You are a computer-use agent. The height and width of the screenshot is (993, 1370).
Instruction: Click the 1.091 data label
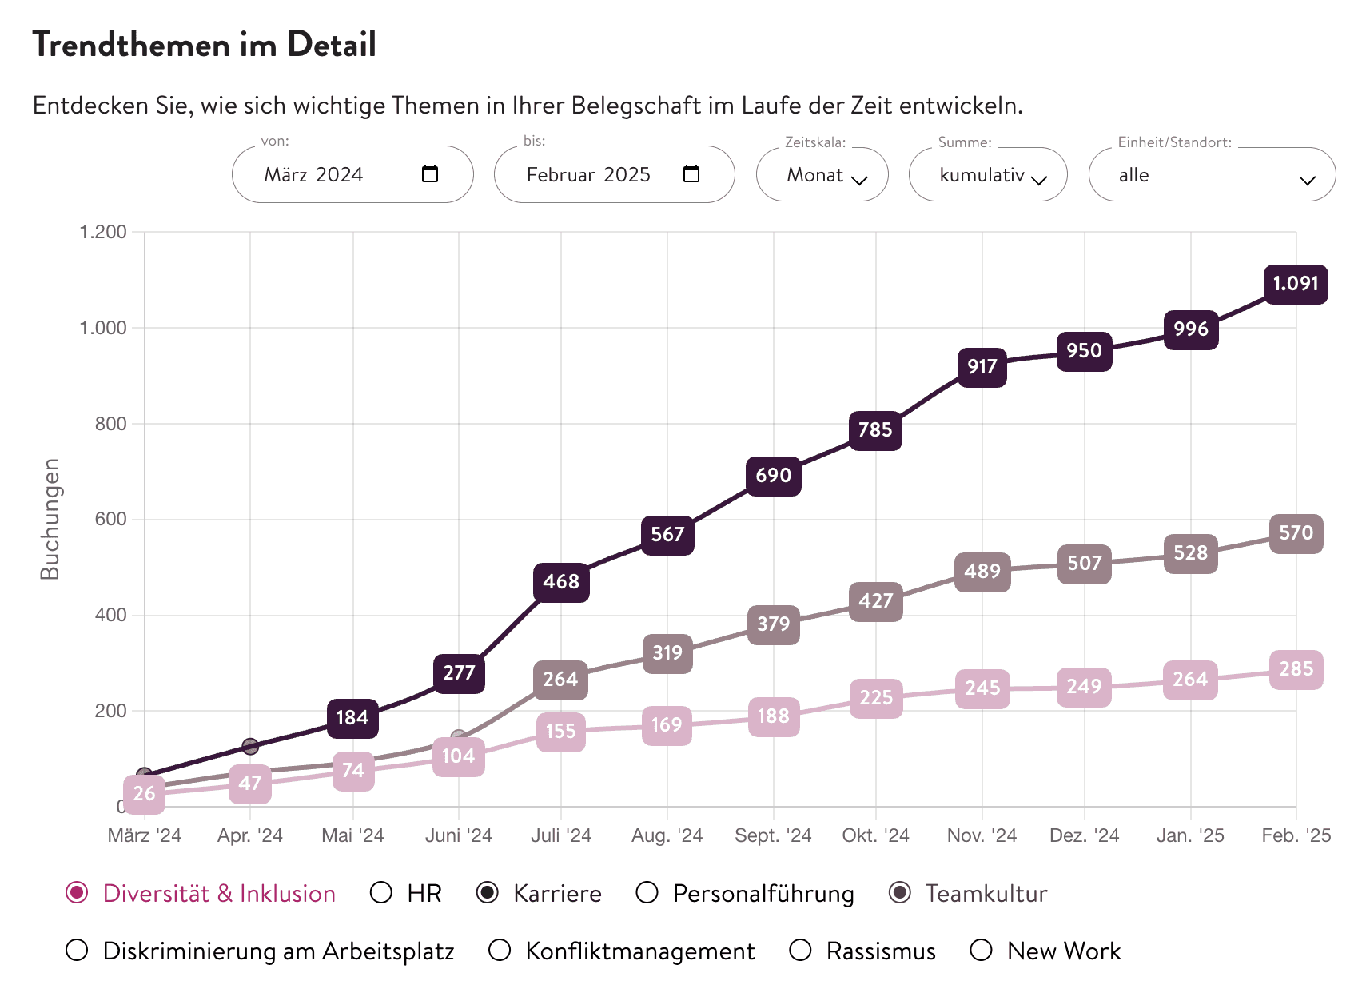1295,284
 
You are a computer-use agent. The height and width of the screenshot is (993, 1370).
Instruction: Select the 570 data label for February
1296,533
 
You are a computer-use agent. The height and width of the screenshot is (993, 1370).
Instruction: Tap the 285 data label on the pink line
1296,669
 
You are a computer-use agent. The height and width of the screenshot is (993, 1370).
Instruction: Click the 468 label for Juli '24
561,582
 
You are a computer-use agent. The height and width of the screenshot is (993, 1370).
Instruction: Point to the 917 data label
982,367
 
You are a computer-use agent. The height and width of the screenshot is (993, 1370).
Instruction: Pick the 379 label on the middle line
773,624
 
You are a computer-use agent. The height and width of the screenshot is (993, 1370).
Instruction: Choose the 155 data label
560,732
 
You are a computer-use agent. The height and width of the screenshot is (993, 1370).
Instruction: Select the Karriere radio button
488,892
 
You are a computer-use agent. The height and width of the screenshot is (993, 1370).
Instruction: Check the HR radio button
381,892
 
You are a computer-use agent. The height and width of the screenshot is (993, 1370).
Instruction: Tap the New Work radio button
981,950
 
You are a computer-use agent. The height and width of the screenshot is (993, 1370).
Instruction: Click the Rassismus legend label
881,951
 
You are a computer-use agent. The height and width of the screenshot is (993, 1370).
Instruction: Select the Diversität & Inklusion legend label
219,894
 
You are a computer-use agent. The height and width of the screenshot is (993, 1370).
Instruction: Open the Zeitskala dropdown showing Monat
822,175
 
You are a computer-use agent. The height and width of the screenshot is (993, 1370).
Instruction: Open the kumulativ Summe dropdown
987,175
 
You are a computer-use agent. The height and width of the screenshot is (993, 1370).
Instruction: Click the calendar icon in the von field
430,173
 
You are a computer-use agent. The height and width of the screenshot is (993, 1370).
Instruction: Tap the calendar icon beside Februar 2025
691,173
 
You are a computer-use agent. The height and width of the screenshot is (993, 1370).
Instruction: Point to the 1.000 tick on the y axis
103,328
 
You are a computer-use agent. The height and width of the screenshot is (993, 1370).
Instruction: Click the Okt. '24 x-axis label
875,835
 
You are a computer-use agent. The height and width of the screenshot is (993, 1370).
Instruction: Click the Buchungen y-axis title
50,519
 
